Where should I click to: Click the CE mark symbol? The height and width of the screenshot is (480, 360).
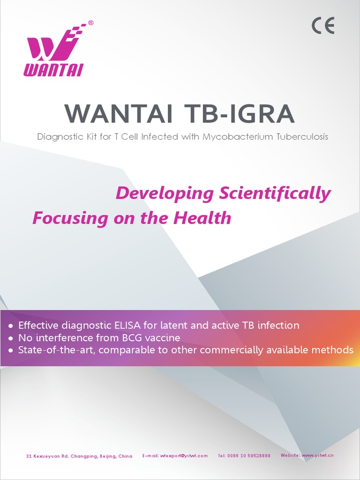pos(323,26)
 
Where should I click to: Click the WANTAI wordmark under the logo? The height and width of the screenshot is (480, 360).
pos(53,70)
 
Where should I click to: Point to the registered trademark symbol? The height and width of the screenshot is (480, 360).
pos(90,22)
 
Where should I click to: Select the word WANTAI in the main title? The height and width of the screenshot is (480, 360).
pos(121,114)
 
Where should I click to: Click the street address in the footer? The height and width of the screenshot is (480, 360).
pos(79,456)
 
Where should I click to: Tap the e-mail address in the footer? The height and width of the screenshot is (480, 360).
pos(184,456)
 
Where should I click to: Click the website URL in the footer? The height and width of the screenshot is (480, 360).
pos(318,455)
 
